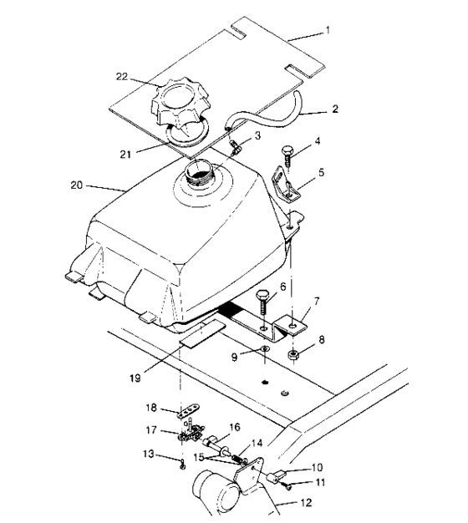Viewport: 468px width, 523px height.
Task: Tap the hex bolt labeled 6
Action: coord(262,299)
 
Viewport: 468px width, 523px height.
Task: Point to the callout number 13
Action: coord(147,454)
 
